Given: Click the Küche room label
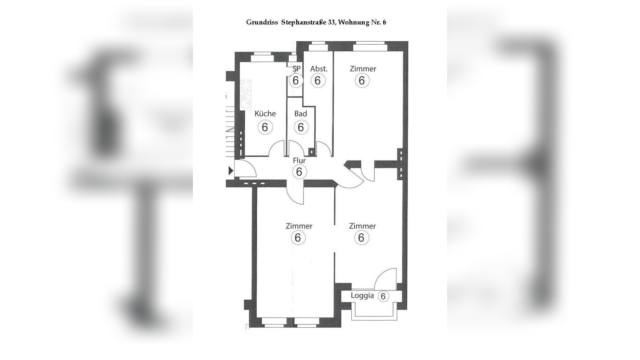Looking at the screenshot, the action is point(265,114).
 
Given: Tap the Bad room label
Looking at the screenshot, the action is point(301,114).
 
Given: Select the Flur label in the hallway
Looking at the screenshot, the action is point(299,161).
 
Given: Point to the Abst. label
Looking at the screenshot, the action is point(319,69).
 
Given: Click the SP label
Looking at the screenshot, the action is point(297,68).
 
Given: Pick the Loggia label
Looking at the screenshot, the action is point(362,296).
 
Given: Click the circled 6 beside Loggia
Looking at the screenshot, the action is point(383,296).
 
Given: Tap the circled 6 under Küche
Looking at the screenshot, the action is point(265,127).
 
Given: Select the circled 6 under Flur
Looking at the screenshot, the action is point(299,172).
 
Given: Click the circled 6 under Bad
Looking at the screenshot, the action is point(301,127).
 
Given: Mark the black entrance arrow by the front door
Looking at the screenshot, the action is point(231,171).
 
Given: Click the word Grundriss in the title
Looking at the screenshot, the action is point(262,22).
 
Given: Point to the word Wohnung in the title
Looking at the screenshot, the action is point(354,23).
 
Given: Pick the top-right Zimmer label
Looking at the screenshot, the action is point(363,69).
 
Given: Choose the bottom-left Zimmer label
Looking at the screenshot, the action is point(299,226).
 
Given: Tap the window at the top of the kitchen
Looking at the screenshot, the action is point(262,55).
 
